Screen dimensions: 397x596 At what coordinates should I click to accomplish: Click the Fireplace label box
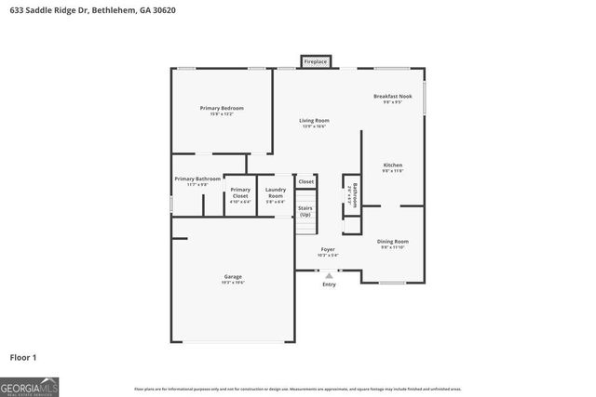click(x=316, y=62)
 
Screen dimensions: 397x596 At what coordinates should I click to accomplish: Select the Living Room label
click(x=314, y=121)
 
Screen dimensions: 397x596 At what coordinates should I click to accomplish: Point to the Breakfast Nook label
click(x=392, y=97)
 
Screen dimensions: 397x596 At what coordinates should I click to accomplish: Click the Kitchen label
click(x=393, y=165)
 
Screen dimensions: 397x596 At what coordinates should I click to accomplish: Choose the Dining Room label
click(x=393, y=242)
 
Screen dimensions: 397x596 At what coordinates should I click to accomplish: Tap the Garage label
click(x=232, y=277)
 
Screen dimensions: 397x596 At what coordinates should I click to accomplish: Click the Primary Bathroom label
click(x=197, y=179)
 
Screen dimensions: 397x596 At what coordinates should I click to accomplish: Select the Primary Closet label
click(x=240, y=191)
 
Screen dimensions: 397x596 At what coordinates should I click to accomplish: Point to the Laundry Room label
click(x=276, y=193)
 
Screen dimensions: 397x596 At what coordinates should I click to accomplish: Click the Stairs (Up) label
click(x=305, y=211)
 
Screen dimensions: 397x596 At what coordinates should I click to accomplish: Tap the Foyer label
click(x=328, y=250)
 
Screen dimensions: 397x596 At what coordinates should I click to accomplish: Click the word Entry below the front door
click(x=329, y=284)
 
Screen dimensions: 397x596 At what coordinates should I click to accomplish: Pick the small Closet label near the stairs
click(x=306, y=181)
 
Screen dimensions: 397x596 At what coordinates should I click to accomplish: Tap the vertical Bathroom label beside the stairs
click(x=350, y=193)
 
